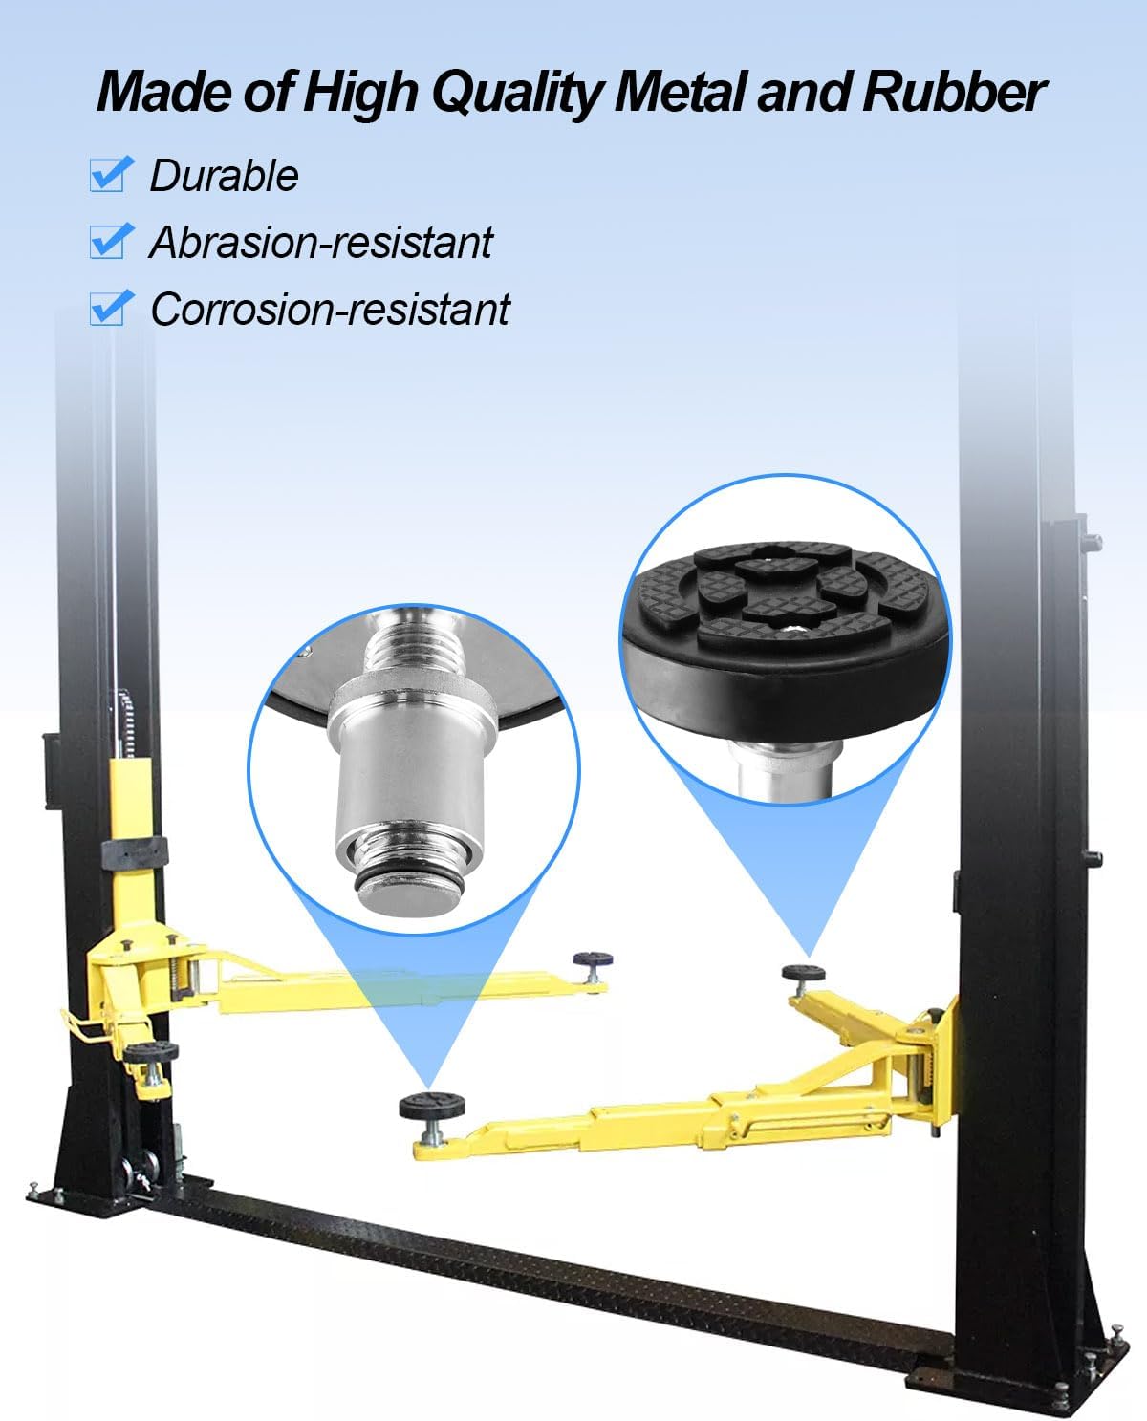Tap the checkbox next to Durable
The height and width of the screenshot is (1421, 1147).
[x=108, y=175]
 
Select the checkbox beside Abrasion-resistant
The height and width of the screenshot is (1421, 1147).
[x=108, y=242]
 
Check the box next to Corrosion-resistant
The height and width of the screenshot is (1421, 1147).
[x=108, y=309]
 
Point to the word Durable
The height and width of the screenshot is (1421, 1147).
[x=224, y=176]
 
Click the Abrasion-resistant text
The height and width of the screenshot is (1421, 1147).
[x=321, y=243]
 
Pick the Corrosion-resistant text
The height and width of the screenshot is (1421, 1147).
[x=331, y=310]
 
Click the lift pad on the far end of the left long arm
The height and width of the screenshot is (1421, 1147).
[x=593, y=959]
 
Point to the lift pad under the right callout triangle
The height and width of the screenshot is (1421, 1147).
[x=804, y=973]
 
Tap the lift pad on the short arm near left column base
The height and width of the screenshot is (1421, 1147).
[x=151, y=1052]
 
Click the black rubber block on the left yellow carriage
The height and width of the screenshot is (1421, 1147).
[x=136, y=849]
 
